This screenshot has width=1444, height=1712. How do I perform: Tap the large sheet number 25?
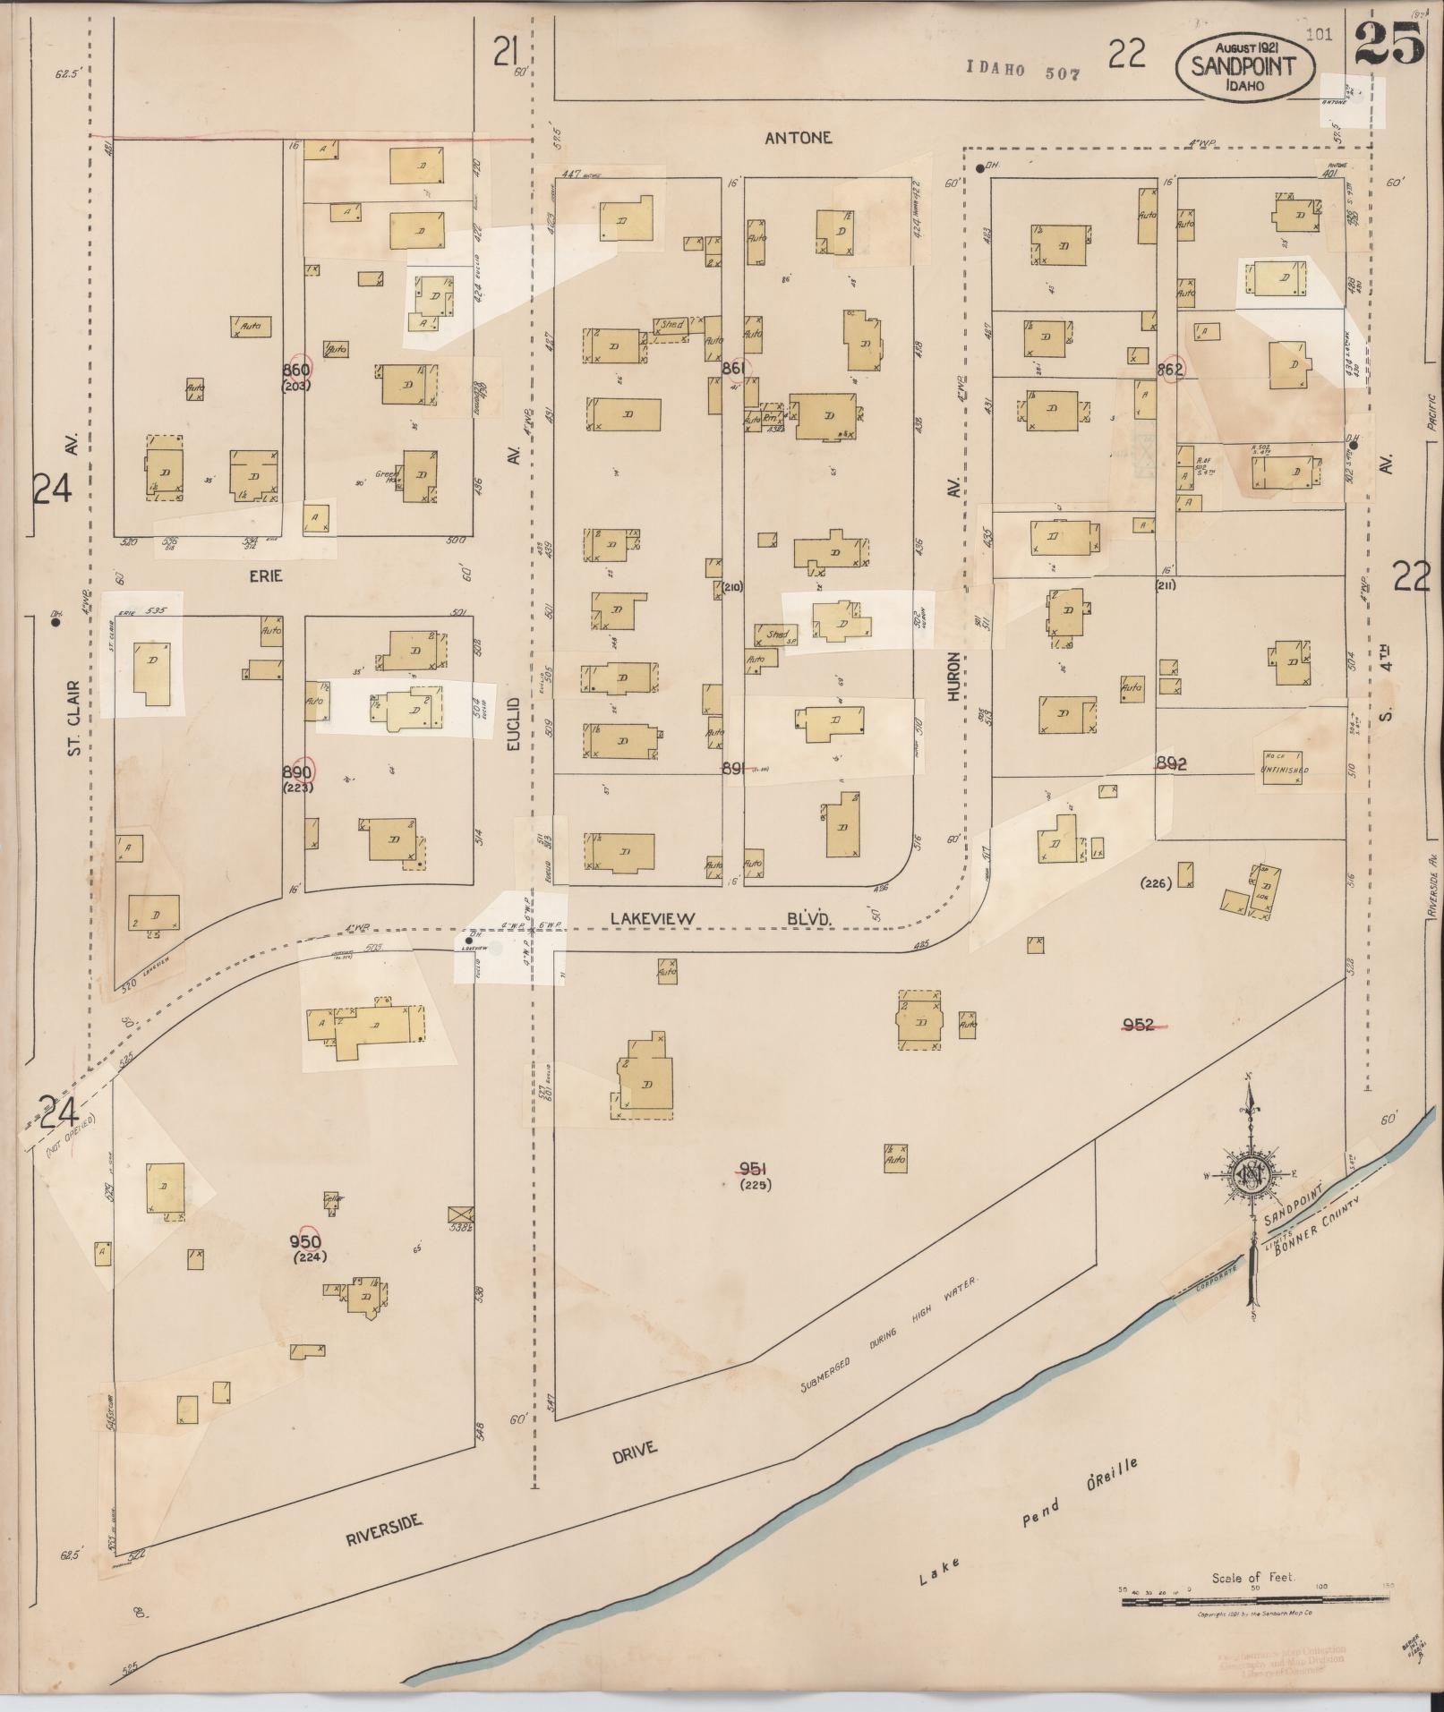click(x=1388, y=44)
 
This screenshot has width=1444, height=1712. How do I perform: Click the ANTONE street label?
click(x=799, y=138)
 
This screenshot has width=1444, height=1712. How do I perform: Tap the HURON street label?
click(x=954, y=676)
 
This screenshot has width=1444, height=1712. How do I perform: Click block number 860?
click(x=295, y=371)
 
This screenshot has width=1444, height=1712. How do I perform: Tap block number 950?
click(x=305, y=1241)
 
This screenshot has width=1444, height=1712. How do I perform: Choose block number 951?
click(x=753, y=1168)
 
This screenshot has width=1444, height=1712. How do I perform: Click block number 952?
click(x=1138, y=1025)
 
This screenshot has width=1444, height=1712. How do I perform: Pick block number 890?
click(x=295, y=772)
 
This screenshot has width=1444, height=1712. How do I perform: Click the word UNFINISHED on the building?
click(x=1286, y=770)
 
